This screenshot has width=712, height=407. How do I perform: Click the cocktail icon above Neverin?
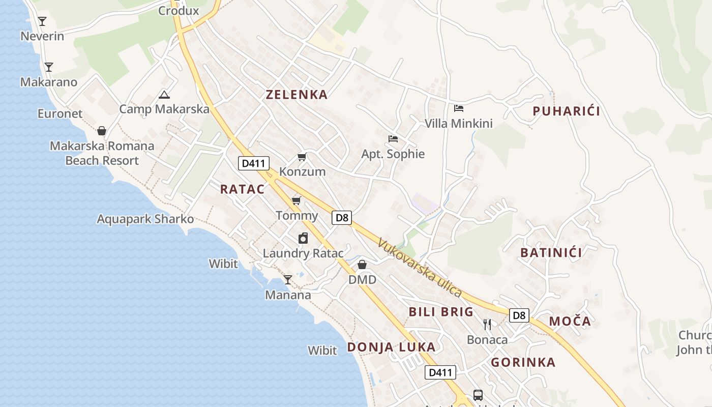tap(42, 21)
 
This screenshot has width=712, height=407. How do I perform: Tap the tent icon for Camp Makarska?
tap(164, 95)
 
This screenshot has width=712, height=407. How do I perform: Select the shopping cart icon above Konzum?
tap(302, 157)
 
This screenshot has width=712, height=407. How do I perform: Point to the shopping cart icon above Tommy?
tap(296, 201)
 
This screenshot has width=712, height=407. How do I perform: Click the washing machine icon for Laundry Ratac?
tap(303, 238)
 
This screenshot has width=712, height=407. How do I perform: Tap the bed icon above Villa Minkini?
tap(459, 108)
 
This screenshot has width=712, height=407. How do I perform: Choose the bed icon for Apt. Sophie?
tap(393, 139)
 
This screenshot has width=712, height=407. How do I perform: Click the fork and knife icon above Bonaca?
tap(487, 325)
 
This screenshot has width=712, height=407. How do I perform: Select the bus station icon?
tap(478, 395)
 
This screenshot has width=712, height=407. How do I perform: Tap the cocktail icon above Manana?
tap(288, 280)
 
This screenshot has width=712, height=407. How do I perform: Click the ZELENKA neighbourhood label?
tap(297, 95)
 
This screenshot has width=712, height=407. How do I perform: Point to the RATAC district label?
tap(242, 189)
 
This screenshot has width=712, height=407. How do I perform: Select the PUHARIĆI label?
tap(566, 111)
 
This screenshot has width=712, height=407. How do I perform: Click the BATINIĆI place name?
tap(551, 252)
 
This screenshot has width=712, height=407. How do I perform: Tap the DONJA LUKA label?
tap(391, 347)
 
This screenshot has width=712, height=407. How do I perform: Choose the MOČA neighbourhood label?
tap(570, 322)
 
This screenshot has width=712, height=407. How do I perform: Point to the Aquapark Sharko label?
tap(145, 219)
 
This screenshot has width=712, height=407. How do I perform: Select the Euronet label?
tap(60, 113)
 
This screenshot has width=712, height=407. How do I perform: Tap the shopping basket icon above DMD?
tap(362, 265)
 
